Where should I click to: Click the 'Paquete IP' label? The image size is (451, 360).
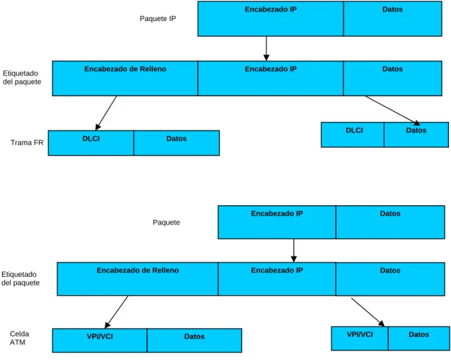[x=158, y=18]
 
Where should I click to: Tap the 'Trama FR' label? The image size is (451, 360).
[x=27, y=142]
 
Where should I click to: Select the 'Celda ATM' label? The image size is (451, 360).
[x=20, y=338]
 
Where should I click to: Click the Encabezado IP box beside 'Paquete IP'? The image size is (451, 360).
[x=271, y=19]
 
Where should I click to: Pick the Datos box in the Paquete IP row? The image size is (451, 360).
[x=392, y=19]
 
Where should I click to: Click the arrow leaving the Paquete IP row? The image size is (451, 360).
[x=267, y=49]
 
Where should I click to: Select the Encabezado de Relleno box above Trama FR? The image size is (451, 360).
[x=125, y=78]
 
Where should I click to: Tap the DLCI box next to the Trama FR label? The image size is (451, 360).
[x=91, y=143]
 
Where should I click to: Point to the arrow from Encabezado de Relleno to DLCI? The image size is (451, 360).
[x=106, y=113]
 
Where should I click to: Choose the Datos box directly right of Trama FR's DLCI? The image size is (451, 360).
[x=177, y=143]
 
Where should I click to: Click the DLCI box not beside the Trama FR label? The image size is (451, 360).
[x=353, y=135]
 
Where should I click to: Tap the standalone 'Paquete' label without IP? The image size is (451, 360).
[x=166, y=223]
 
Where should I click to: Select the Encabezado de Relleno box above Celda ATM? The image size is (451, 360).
[x=138, y=279]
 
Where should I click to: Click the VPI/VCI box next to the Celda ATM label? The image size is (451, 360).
[x=100, y=340]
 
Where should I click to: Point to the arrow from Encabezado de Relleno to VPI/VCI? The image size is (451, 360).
[x=116, y=312]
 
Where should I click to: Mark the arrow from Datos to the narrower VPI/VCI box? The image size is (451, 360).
[x=368, y=313]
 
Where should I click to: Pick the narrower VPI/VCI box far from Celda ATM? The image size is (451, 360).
[x=360, y=338]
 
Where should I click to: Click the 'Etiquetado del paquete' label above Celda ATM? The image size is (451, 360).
[x=20, y=278]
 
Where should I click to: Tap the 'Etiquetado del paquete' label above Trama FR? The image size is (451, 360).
[x=22, y=77]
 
